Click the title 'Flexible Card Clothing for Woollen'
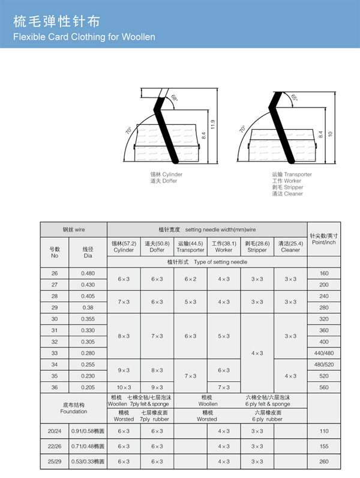[84, 37]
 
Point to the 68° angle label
[174, 98]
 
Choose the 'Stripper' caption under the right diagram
[287, 187]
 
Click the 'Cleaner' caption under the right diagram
[286, 194]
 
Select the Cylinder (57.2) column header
[124, 247]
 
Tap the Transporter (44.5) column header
[190, 247]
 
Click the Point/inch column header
[323, 238]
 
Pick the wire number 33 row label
[55, 352]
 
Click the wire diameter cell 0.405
[88, 296]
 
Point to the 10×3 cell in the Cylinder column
[124, 387]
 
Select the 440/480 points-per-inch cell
[323, 352]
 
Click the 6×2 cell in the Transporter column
[190, 279]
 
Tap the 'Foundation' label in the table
[73, 411]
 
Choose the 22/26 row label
[55, 446]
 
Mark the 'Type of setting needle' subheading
[207, 262]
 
